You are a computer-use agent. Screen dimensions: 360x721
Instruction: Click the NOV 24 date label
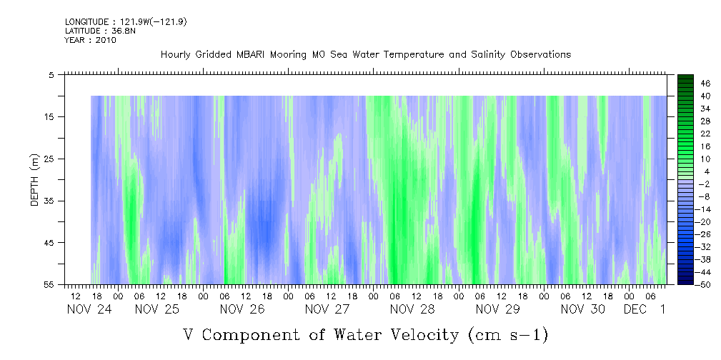(x=89, y=309)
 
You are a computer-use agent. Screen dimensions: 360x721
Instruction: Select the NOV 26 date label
(x=242, y=309)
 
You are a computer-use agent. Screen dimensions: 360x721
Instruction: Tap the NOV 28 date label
(x=412, y=309)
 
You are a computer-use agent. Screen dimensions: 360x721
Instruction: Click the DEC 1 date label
(x=644, y=309)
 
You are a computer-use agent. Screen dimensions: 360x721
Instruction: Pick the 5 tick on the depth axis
(x=51, y=74)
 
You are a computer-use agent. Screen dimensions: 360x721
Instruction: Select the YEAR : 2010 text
(x=90, y=40)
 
